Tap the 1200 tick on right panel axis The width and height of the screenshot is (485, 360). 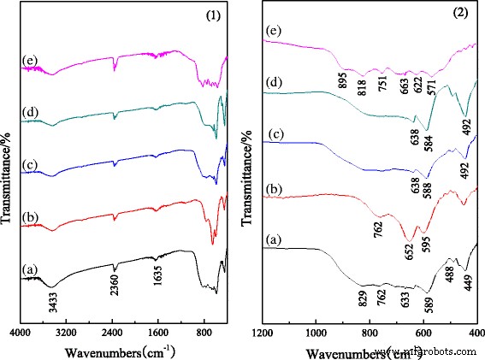[263, 330]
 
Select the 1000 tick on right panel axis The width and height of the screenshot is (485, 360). [316, 330]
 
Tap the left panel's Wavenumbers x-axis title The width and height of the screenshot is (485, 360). [119, 350]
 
